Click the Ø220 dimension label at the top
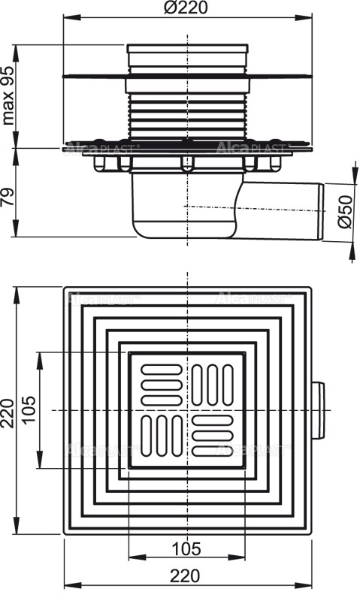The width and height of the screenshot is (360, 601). (x=186, y=8)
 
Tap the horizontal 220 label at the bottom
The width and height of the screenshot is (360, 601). (x=186, y=576)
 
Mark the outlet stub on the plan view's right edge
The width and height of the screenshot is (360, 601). (x=319, y=410)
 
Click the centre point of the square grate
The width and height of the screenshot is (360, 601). (x=186, y=411)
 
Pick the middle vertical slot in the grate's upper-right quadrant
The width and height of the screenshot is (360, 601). (x=213, y=383)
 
